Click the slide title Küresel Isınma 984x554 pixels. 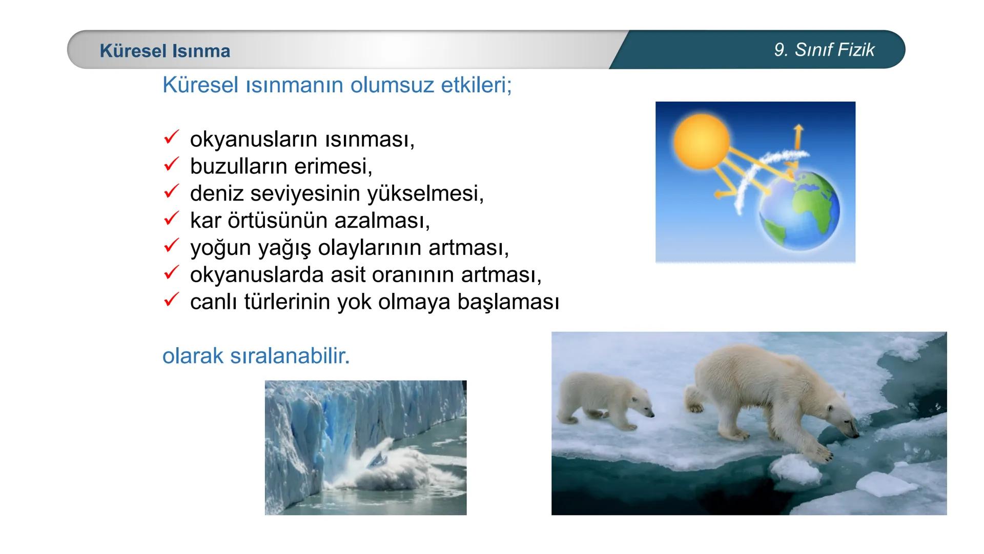pos(165,51)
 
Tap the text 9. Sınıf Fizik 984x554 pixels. pos(824,50)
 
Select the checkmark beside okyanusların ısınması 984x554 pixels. pos(171,138)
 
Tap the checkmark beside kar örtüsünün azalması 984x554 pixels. pos(171,219)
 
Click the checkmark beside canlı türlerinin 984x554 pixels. pos(171,300)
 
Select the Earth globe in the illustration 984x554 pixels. pos(799,210)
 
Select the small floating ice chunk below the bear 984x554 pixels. pos(793,469)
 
